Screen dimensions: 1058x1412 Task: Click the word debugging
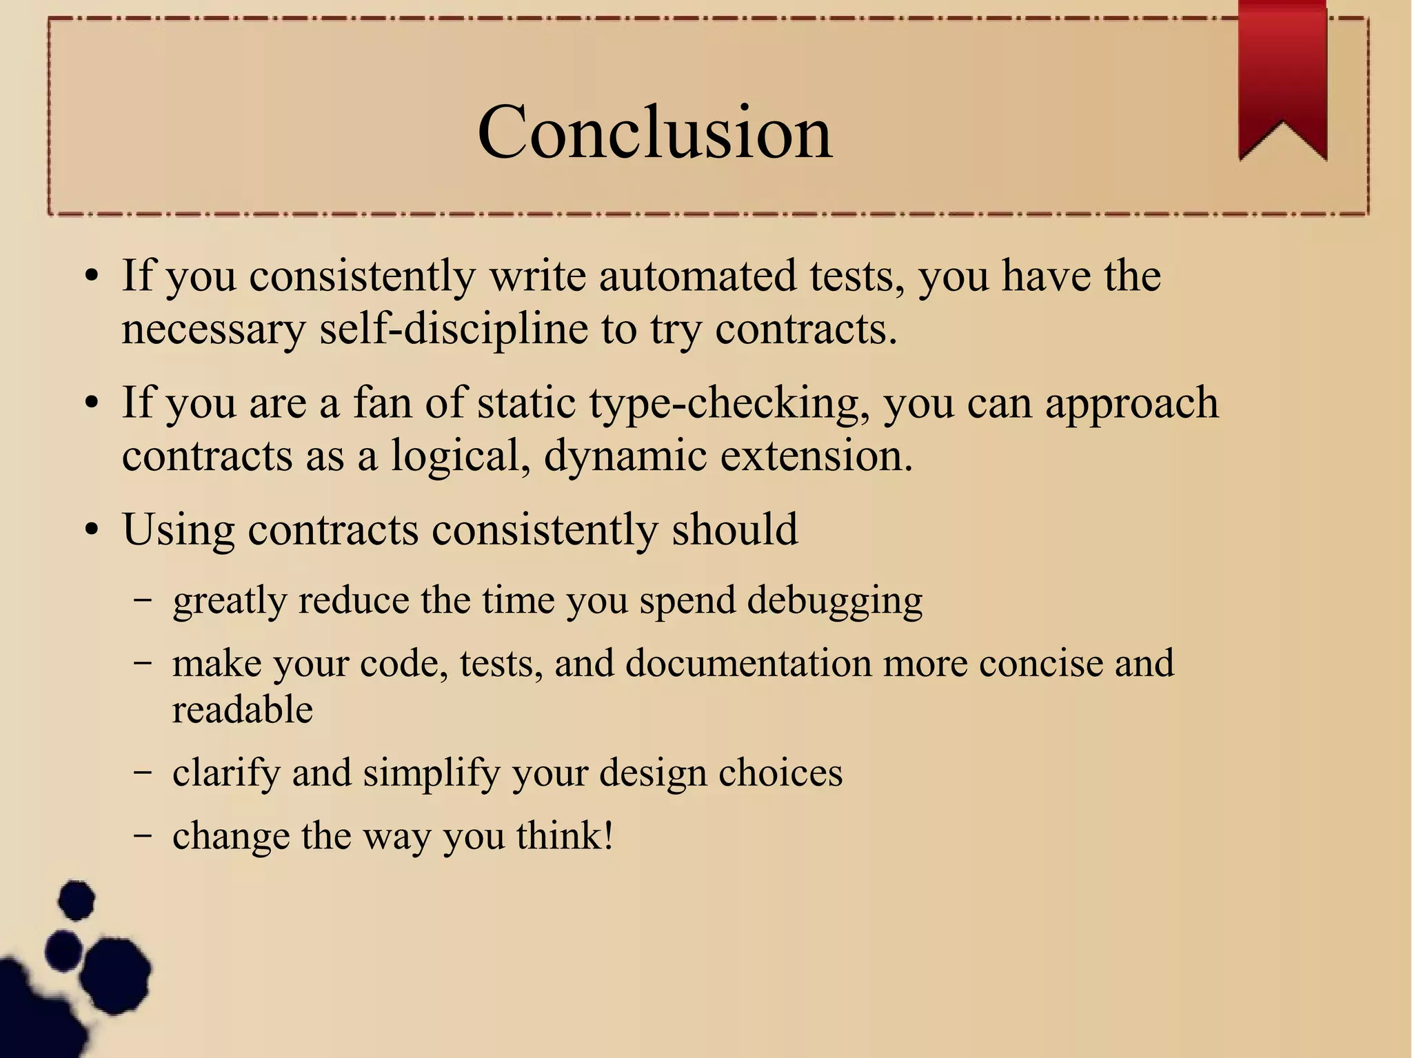pos(834,600)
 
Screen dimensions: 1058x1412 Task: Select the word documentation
pos(748,663)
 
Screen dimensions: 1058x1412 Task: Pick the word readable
pos(242,710)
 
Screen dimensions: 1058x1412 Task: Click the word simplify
pos(431,773)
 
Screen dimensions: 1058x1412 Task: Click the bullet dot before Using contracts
pos(92,531)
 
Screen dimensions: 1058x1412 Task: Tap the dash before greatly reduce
pos(143,600)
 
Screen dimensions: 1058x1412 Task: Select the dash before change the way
pos(143,835)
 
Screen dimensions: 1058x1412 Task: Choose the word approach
pos(1131,403)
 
